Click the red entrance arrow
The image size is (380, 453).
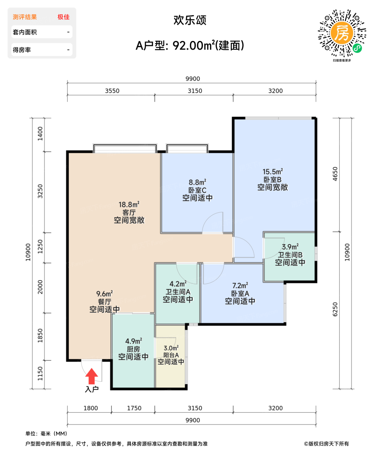pos(92,376)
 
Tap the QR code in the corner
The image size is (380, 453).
pos(342,34)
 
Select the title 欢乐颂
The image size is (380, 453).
pos(190,20)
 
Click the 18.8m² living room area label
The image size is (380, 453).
pos(129,205)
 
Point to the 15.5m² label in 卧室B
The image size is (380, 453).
pos(273,172)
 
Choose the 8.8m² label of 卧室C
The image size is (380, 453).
pos(197,182)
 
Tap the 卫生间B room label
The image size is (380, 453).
pos(290,255)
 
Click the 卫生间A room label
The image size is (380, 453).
pos(178,292)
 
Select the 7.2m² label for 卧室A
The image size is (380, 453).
pos(240,286)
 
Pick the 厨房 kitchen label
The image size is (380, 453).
pos(133,349)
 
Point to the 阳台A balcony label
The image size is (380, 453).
pos(171,355)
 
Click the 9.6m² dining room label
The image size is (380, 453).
pos(105,294)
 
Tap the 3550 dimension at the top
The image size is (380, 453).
pos(112,91)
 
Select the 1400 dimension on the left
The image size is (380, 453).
pos(40,133)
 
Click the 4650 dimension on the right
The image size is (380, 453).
pos(335,174)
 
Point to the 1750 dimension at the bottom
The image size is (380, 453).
pos(134,408)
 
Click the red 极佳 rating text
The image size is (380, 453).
pos(63,17)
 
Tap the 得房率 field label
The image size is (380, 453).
pos(22,50)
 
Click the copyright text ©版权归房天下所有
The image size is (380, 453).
pos(326,444)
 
